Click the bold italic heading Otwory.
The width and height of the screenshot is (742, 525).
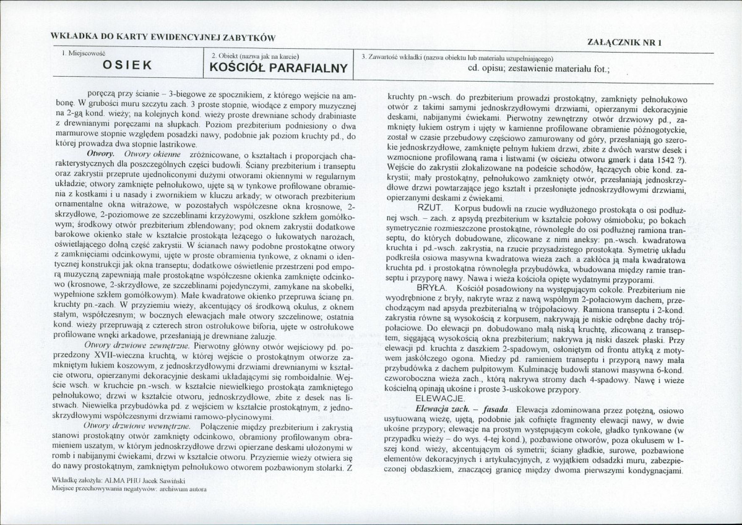[100, 153]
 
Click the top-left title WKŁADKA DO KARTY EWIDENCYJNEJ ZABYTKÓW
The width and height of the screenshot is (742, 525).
[163, 38]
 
